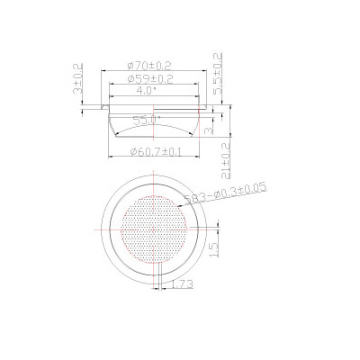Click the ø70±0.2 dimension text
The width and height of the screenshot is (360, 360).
coord(150,66)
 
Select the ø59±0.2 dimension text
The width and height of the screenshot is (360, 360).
coord(149,79)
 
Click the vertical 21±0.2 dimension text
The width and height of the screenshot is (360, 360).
coord(227,159)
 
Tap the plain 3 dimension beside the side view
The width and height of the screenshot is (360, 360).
coord(209,130)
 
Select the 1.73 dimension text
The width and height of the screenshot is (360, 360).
coord(183,284)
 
